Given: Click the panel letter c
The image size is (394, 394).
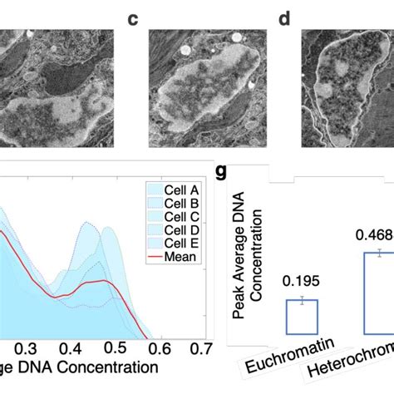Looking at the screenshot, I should [131, 17].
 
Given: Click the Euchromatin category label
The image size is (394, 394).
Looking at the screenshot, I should [283, 362].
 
